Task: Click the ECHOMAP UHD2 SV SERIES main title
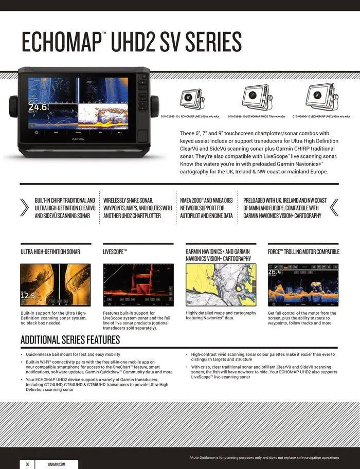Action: coord(131,42)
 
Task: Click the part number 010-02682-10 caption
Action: coord(190,117)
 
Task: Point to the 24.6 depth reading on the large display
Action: coord(38,107)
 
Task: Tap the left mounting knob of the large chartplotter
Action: coord(13,106)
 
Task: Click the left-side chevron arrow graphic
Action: coord(24,207)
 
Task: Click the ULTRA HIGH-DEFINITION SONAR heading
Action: coord(50,252)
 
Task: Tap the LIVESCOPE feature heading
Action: coord(115,252)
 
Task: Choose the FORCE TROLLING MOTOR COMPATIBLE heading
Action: coord(303,252)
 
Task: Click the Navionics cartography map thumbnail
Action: coord(221,285)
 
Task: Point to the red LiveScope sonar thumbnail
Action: coord(138,285)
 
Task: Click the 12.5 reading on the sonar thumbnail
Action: coord(28,296)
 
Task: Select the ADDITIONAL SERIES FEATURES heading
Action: coord(70,340)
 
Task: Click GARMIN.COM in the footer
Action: coord(57,464)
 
